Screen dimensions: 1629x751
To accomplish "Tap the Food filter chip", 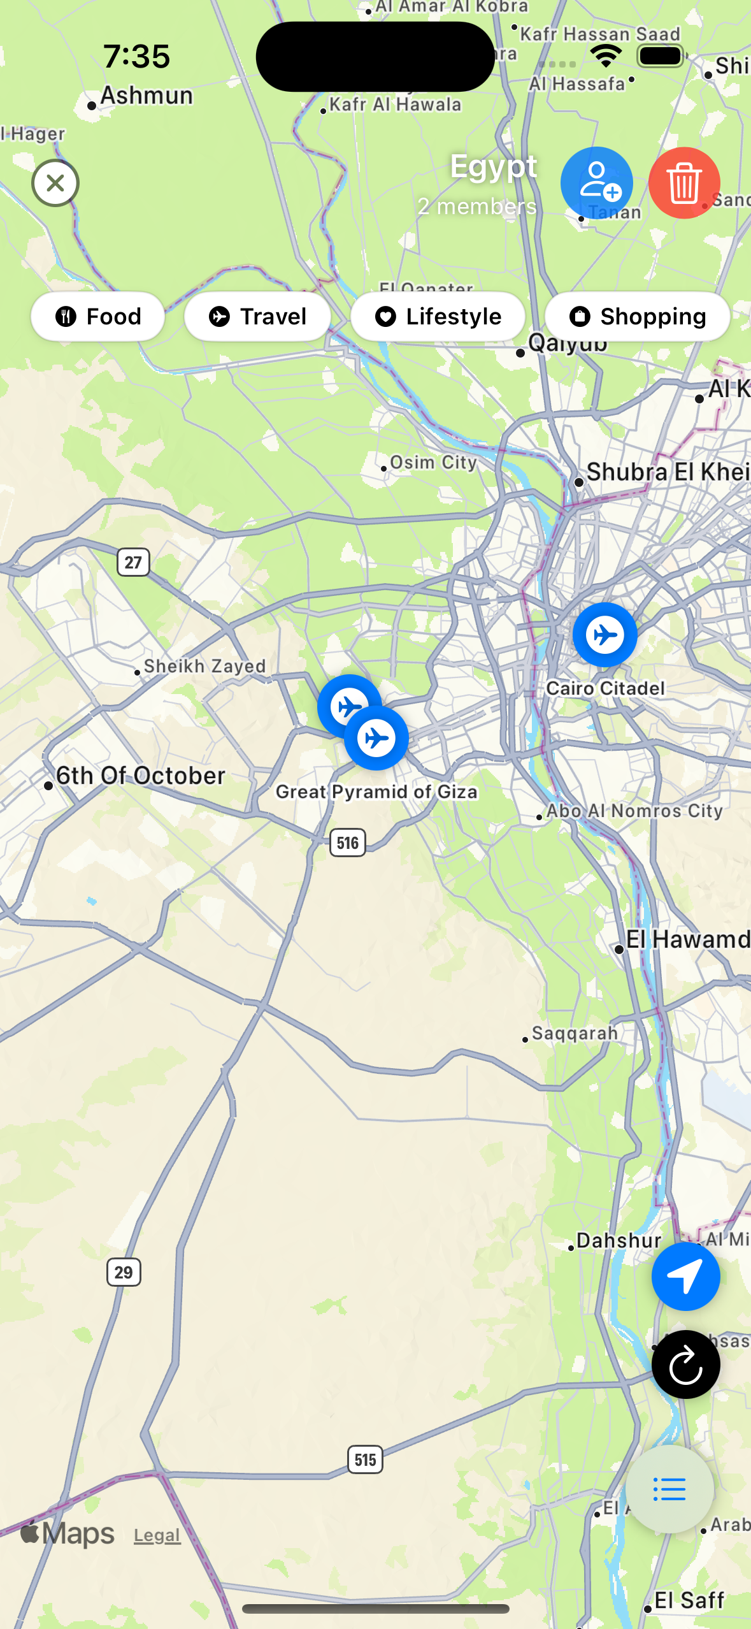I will [98, 316].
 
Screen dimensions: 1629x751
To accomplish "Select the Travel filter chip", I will [258, 316].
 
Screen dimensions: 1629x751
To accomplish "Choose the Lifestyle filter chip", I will [438, 316].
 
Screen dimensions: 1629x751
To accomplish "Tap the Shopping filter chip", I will [638, 316].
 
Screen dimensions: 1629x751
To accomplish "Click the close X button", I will [55, 184].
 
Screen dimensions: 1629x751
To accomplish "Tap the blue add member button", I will [596, 183].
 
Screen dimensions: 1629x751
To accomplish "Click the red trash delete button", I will [684, 183].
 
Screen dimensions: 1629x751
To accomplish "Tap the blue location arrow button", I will [685, 1276].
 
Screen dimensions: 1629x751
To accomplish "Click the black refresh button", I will [685, 1364].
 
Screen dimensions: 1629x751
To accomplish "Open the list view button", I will [669, 1489].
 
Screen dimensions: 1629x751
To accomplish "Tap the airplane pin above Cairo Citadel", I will [604, 635].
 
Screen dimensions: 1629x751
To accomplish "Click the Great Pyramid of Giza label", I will [376, 792].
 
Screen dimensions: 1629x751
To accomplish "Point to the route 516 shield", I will [348, 843].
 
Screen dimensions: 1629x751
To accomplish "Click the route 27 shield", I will [133, 562].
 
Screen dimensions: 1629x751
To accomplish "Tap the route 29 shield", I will [124, 1272].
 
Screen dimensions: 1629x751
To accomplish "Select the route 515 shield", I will [365, 1459].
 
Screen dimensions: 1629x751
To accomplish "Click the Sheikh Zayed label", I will [204, 666].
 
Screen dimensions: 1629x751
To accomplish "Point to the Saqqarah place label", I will [575, 1033].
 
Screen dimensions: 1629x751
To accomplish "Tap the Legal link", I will [157, 1535].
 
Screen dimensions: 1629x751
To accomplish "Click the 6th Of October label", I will [140, 776].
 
